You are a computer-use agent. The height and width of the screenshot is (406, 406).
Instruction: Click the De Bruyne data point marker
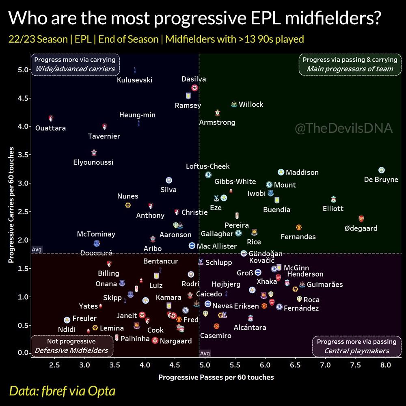click(381, 170)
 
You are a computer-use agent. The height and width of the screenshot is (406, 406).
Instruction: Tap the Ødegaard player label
click(361, 228)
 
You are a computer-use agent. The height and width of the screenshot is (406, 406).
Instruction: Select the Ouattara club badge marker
click(51, 118)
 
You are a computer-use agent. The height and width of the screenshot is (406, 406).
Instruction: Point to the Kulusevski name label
click(134, 80)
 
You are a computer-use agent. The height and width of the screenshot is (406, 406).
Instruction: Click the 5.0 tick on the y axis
click(23, 70)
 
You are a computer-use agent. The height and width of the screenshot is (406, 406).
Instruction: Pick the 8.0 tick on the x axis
click(385, 365)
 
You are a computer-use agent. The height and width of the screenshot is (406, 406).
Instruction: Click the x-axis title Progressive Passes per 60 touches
click(216, 377)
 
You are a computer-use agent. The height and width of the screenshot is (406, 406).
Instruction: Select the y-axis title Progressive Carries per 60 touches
click(12, 205)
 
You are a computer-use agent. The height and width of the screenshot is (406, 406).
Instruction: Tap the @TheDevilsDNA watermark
click(343, 129)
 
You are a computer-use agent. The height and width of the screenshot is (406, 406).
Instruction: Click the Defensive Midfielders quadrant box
click(71, 346)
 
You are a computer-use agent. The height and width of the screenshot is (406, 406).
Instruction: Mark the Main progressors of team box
click(350, 64)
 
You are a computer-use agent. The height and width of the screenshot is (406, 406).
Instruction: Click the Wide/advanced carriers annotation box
click(75, 64)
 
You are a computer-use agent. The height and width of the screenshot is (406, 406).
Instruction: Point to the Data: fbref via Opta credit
click(62, 391)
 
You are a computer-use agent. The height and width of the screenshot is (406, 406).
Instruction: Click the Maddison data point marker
click(281, 173)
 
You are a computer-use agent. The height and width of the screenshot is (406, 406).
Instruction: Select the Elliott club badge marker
click(333, 200)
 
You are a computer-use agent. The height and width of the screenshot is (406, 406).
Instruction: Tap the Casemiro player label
click(216, 336)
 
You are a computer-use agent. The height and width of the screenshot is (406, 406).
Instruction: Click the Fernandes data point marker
click(299, 227)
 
